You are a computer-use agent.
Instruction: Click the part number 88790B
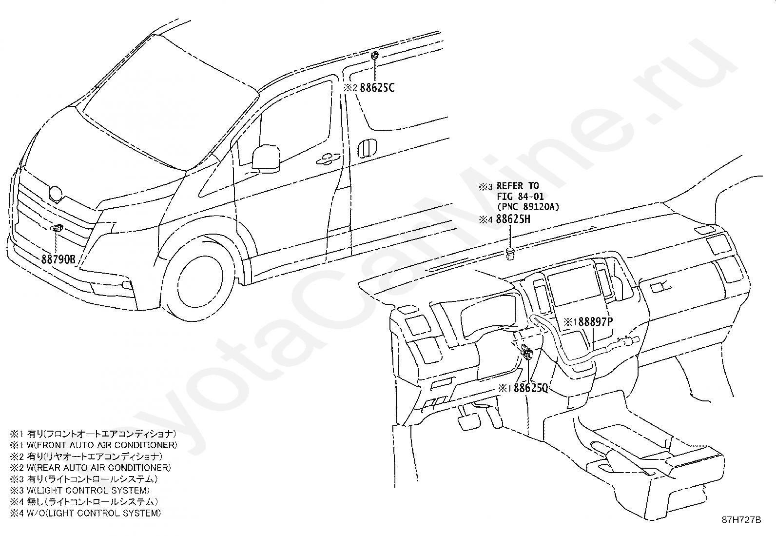pos(58,259)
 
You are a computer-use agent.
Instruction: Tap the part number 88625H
pos(513,218)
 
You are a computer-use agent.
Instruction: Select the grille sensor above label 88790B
pos(56,228)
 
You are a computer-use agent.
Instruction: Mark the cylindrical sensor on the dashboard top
pos(510,254)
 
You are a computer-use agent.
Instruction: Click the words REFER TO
pos(518,186)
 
